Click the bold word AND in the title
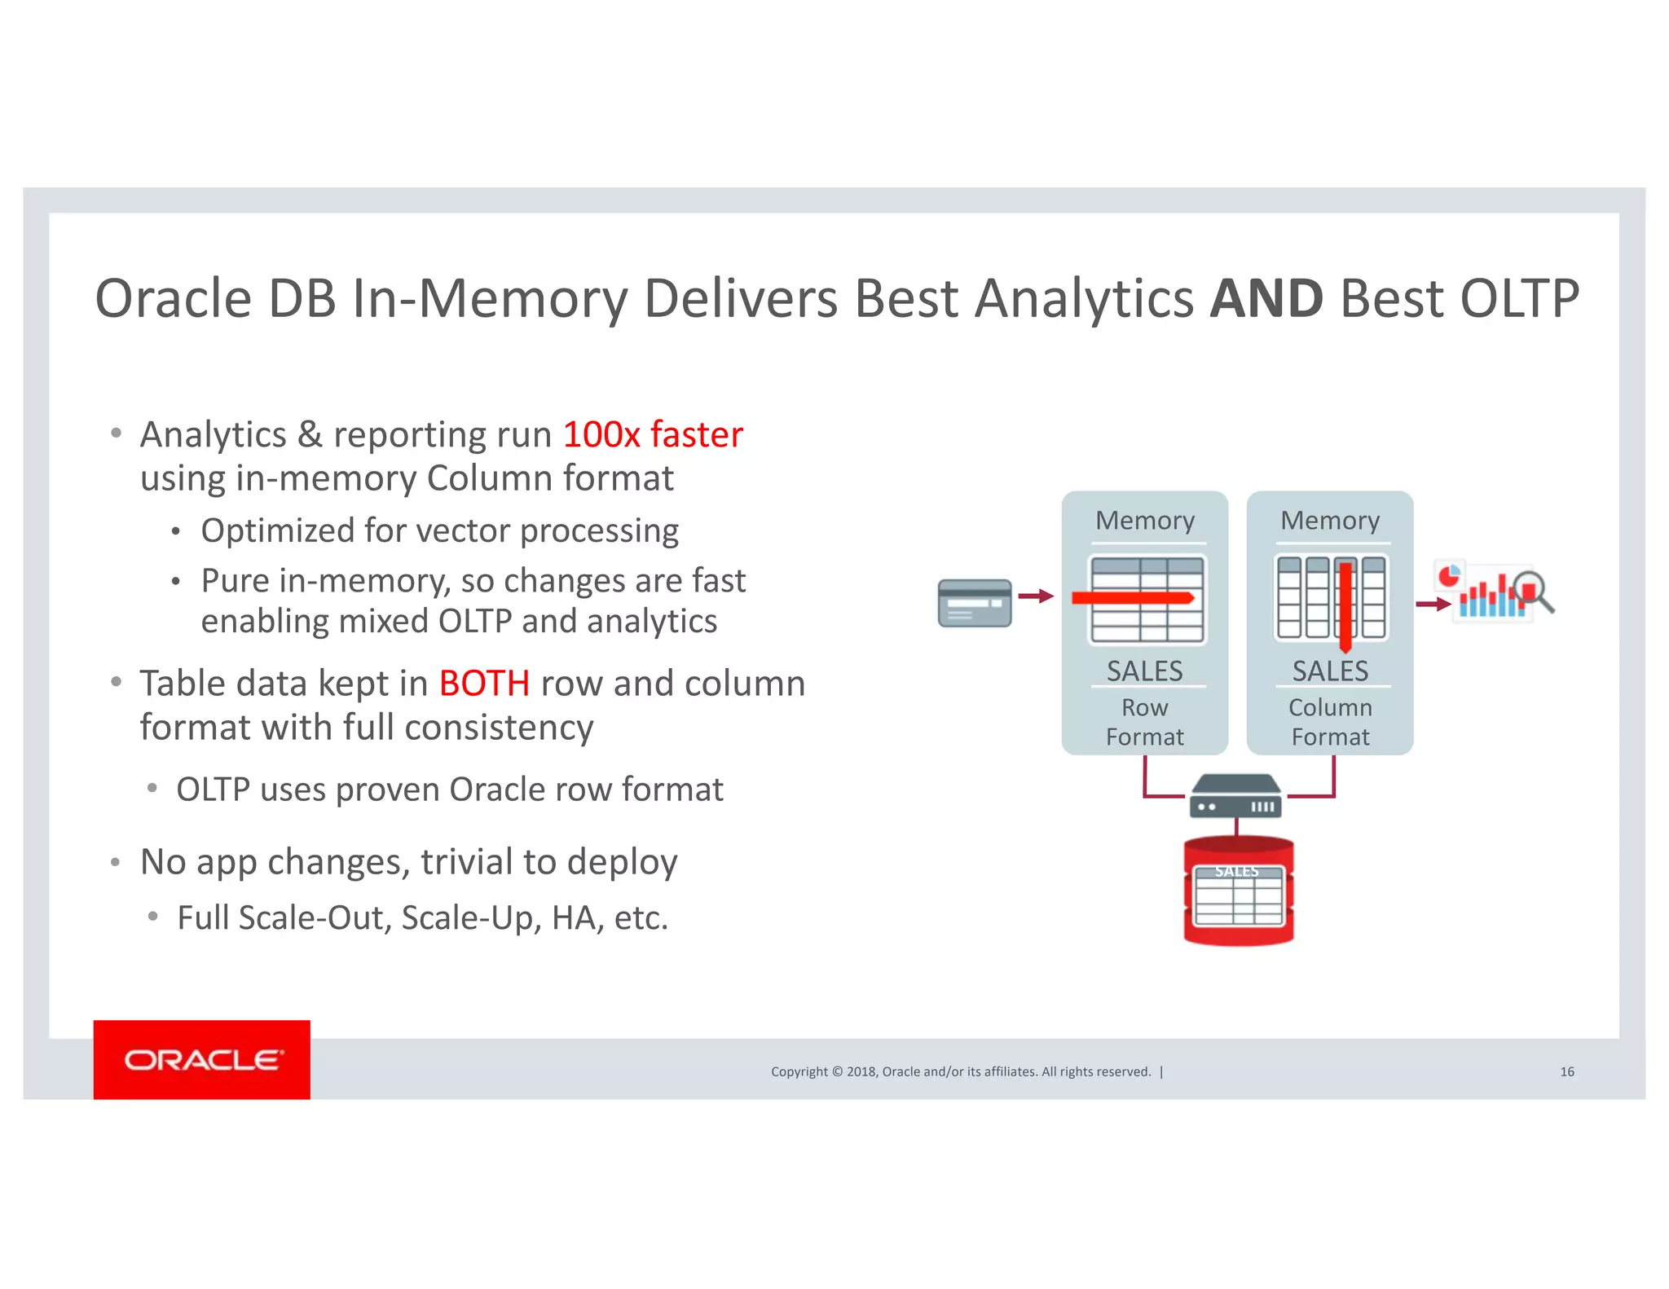tap(1266, 298)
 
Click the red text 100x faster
tap(653, 434)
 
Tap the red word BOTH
tap(484, 684)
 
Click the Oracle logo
tap(202, 1059)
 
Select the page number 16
tap(1566, 1071)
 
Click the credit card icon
tap(975, 603)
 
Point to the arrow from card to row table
tap(1035, 596)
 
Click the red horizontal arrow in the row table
tap(1133, 598)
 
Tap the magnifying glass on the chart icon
tap(1532, 591)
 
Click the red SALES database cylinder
tap(1238, 892)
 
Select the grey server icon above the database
tap(1235, 796)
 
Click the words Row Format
tap(1144, 722)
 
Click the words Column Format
tap(1330, 722)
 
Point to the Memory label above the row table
tap(1144, 520)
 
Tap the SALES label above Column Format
tap(1330, 671)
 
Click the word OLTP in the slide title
tap(1519, 298)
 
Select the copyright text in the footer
tap(961, 1071)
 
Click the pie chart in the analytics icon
tap(1448, 576)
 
